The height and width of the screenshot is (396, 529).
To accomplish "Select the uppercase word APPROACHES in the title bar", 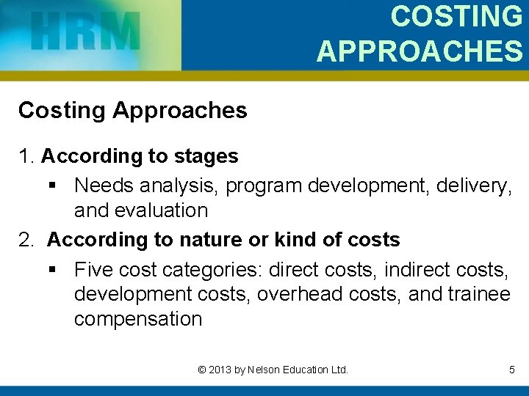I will (x=420, y=51).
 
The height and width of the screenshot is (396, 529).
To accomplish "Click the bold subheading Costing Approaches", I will (x=132, y=111).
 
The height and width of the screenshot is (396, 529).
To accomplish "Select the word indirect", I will (x=414, y=270).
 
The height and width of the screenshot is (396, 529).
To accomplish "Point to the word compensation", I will (x=137, y=319).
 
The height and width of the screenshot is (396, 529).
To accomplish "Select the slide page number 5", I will (x=511, y=370).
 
